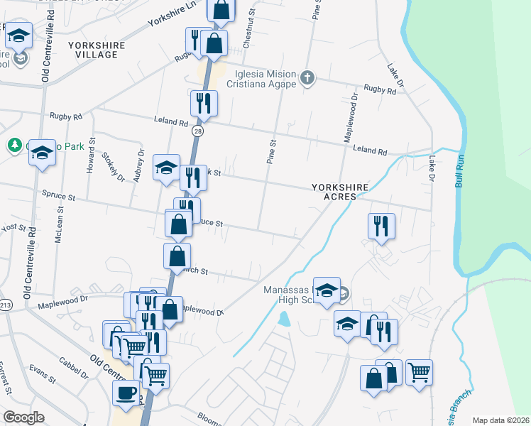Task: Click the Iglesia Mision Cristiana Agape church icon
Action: pyautogui.click(x=307, y=77)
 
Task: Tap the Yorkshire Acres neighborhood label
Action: pyautogui.click(x=340, y=192)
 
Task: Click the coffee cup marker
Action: pyautogui.click(x=127, y=393)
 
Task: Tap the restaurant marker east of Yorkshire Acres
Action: pyautogui.click(x=381, y=226)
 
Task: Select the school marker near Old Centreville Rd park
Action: pyautogui.click(x=42, y=152)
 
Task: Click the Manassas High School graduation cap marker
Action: pyautogui.click(x=327, y=290)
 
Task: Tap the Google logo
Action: pyautogui.click(x=23, y=417)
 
